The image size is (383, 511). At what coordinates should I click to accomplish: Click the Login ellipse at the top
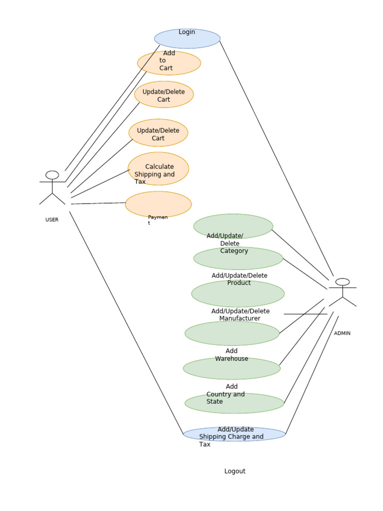187,39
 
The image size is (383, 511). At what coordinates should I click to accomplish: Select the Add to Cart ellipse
169,63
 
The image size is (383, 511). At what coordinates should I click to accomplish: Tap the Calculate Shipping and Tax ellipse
158,169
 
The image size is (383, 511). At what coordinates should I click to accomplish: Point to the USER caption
52,220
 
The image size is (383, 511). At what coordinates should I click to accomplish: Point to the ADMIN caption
342,333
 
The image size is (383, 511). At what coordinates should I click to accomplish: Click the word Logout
235,471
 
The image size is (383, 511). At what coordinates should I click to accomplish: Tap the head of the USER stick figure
52,175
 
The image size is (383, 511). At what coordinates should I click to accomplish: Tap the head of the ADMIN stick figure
343,282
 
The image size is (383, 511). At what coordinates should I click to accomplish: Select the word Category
234,251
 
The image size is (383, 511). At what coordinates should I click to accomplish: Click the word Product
239,283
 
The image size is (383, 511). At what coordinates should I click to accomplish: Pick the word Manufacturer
239,318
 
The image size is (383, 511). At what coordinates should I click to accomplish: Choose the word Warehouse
231,359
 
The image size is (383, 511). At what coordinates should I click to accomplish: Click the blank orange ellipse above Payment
158,204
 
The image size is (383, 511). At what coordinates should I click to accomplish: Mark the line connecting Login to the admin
276,157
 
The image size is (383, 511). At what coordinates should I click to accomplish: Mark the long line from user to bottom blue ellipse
126,322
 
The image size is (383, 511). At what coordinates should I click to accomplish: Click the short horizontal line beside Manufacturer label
305,314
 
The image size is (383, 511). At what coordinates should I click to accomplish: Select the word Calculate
160,167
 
